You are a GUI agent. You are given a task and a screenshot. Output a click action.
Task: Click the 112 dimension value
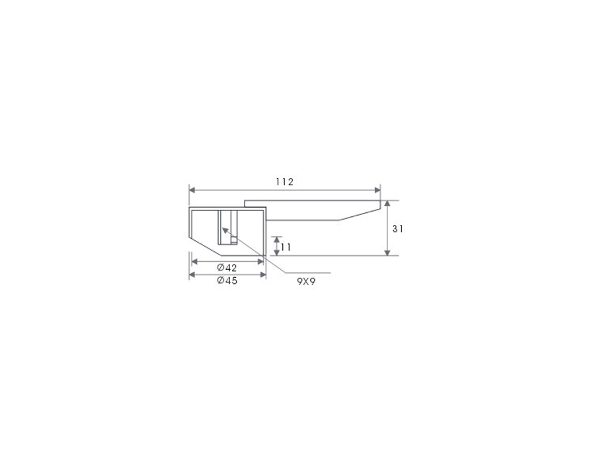pos(284,182)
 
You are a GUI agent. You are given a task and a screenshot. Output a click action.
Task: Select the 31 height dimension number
pos(398,229)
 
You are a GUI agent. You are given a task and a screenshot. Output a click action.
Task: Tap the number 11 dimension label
pos(286,247)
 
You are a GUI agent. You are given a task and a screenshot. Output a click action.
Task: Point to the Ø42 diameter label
pos(227,268)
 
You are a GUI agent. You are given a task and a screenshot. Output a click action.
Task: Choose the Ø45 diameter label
pos(227,280)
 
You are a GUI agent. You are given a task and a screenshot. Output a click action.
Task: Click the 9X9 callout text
pos(306,282)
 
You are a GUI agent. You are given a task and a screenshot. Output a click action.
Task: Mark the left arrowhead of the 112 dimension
pos(192,190)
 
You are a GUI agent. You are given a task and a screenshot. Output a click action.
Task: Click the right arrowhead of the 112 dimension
pos(377,190)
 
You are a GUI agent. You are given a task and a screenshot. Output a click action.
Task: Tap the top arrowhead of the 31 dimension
pos(387,204)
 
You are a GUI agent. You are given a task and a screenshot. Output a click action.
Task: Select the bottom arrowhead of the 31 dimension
pos(387,253)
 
